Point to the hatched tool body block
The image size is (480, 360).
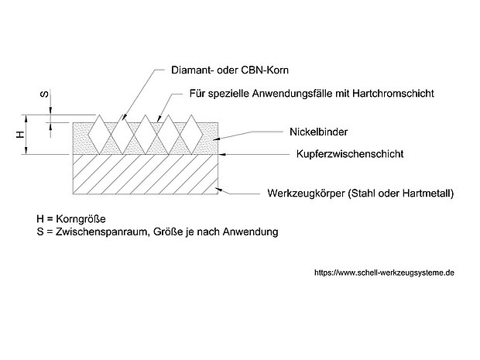pyautogui.click(x=145, y=173)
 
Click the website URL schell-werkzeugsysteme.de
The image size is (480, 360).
pyautogui.click(x=384, y=273)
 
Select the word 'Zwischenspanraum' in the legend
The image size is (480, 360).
pyautogui.click(x=91, y=231)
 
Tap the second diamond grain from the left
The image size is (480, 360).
pyautogui.click(x=122, y=133)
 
